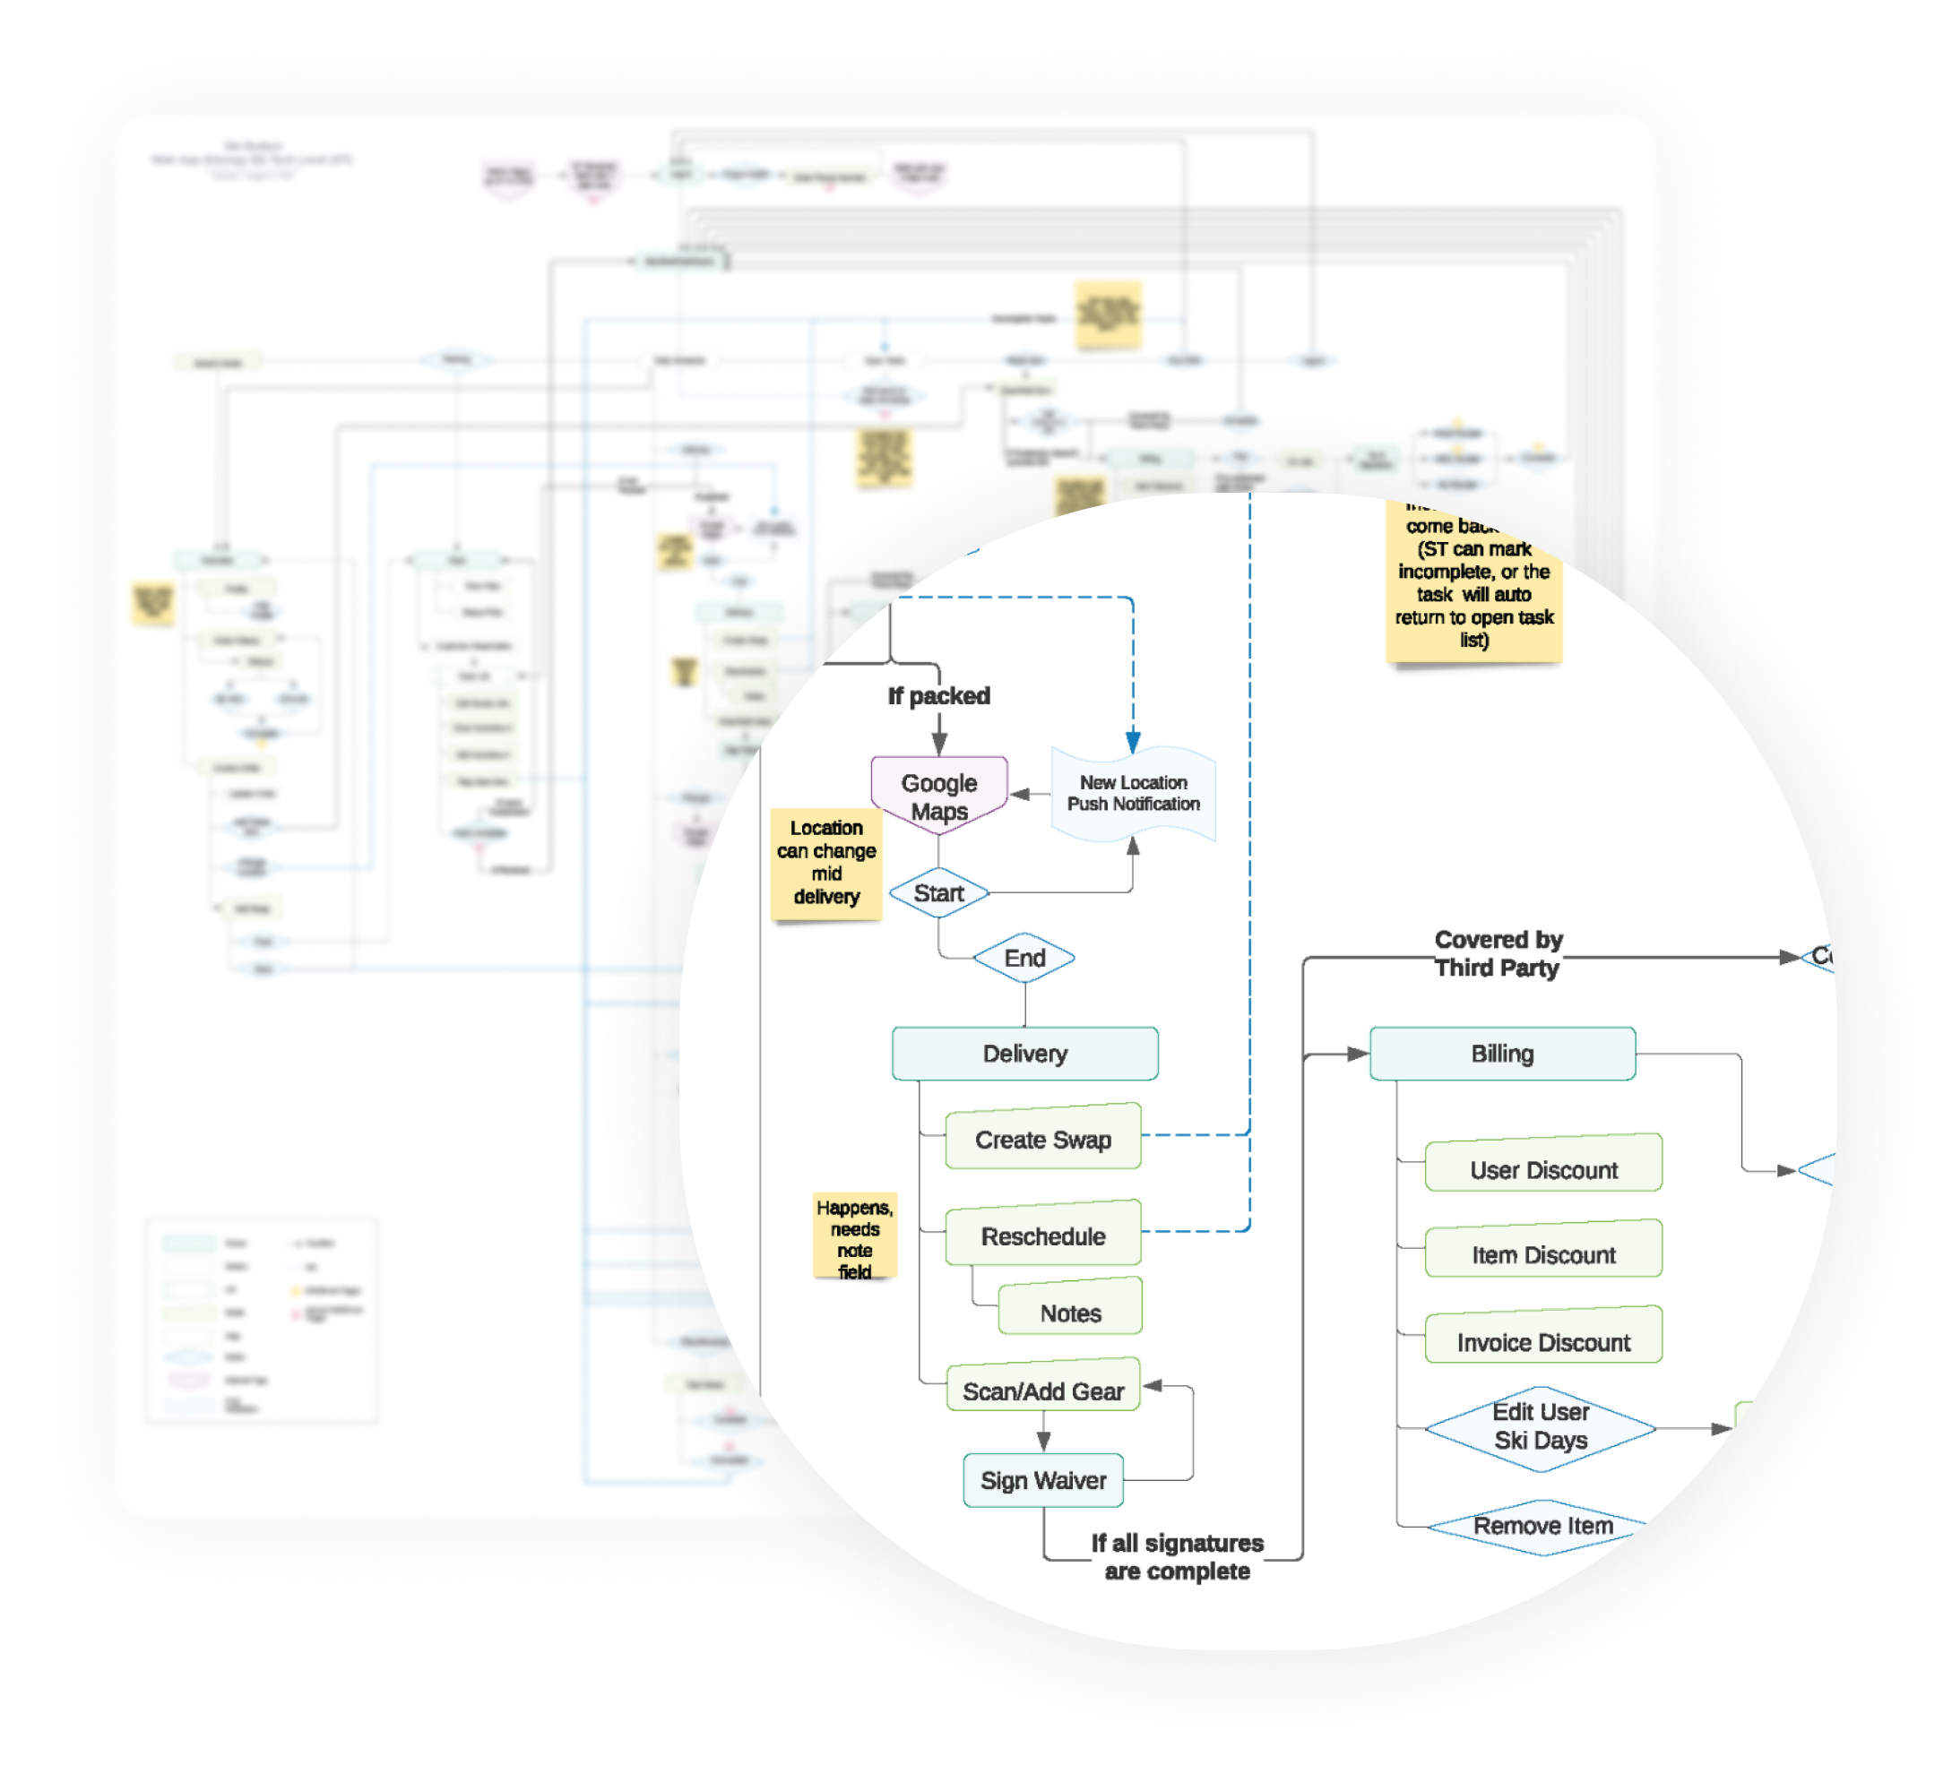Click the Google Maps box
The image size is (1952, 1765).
click(x=938, y=795)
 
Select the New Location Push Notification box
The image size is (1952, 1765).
click(x=1133, y=793)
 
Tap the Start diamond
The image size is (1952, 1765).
click(x=938, y=892)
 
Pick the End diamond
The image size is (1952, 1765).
click(x=1024, y=958)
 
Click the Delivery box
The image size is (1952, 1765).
click(x=1024, y=1054)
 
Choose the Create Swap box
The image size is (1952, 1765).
click(x=1043, y=1139)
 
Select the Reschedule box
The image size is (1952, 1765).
click(x=1043, y=1235)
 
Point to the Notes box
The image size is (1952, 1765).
click(x=1070, y=1312)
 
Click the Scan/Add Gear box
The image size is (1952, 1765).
click(x=1043, y=1390)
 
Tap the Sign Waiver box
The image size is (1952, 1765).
click(x=1043, y=1479)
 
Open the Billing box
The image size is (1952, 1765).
click(x=1502, y=1054)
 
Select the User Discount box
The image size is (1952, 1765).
click(x=1543, y=1168)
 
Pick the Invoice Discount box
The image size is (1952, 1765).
click(x=1543, y=1341)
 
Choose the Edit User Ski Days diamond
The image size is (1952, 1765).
click(x=1541, y=1426)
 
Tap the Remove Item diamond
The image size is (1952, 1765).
click(x=1542, y=1526)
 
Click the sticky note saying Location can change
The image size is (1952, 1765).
click(x=826, y=862)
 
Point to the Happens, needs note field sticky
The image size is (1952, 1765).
click(x=855, y=1238)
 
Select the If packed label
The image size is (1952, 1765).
click(x=938, y=695)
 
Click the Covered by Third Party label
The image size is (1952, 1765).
click(x=1498, y=952)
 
